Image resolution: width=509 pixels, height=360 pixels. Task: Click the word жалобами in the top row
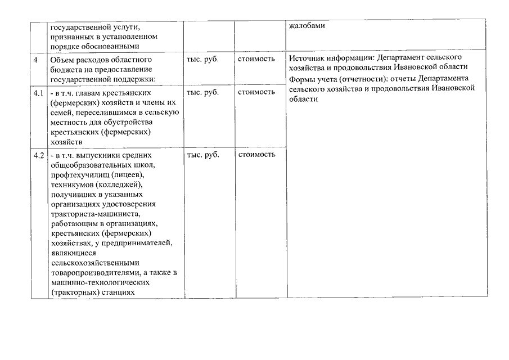click(307, 26)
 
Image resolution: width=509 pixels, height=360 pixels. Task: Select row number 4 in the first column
click(35, 59)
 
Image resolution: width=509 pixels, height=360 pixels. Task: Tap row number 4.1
click(38, 92)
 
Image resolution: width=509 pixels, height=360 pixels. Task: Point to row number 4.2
click(38, 155)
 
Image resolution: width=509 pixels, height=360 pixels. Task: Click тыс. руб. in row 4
click(202, 58)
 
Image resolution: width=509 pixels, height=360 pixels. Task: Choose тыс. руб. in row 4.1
click(202, 92)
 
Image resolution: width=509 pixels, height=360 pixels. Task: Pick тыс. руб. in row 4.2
click(202, 154)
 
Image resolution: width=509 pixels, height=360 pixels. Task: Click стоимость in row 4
click(256, 58)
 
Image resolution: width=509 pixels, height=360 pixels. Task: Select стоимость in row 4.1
click(256, 92)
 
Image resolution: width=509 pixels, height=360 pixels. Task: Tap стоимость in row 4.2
click(256, 154)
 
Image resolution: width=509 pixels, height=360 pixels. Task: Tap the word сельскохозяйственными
click(95, 263)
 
